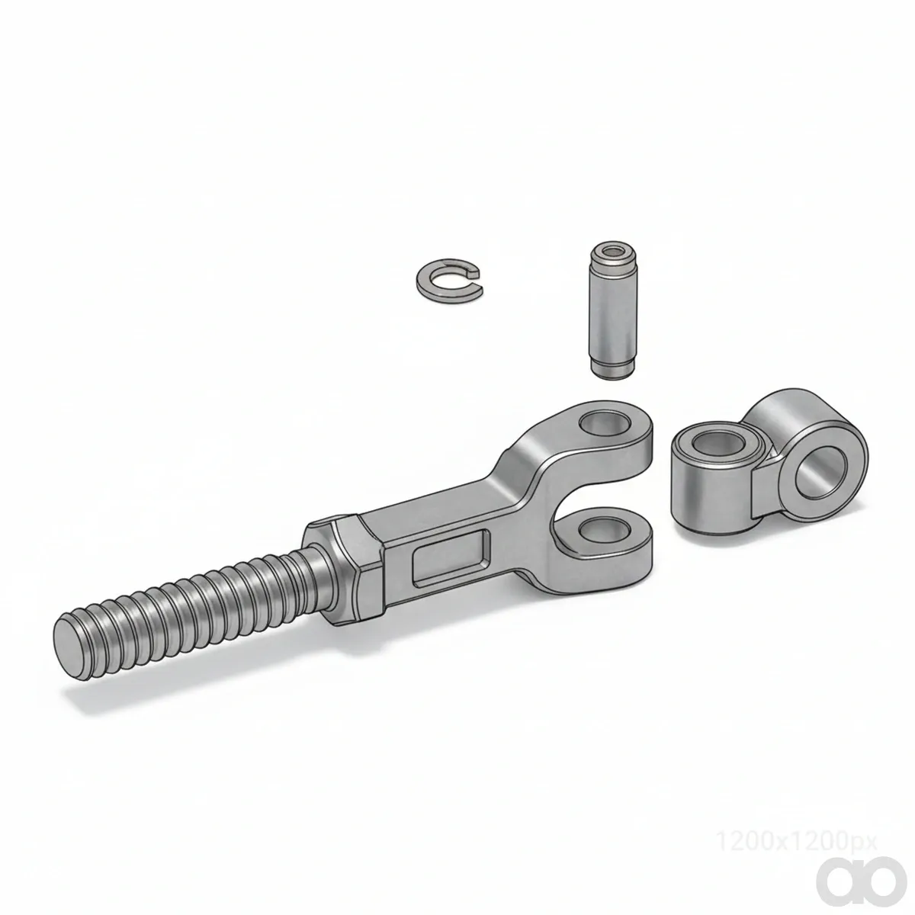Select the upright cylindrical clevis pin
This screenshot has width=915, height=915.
611,311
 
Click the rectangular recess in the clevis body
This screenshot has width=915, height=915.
448,557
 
